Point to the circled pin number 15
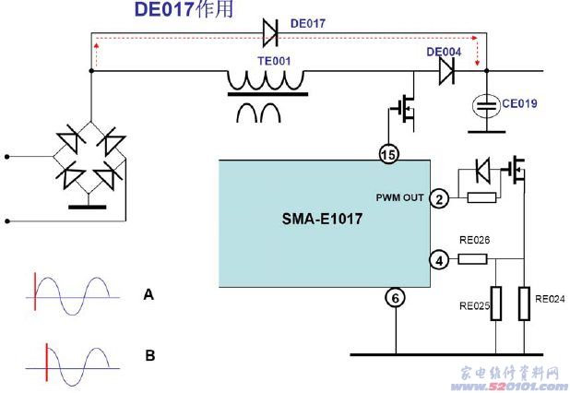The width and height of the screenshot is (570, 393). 390,153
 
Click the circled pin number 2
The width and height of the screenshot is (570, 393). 440,198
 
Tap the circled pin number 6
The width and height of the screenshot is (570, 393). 396,298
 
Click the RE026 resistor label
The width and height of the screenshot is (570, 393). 474,241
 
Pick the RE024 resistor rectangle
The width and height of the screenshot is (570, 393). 525,304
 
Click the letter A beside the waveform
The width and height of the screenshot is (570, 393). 148,295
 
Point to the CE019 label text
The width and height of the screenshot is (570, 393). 522,105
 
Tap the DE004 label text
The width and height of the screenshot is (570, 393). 444,51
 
